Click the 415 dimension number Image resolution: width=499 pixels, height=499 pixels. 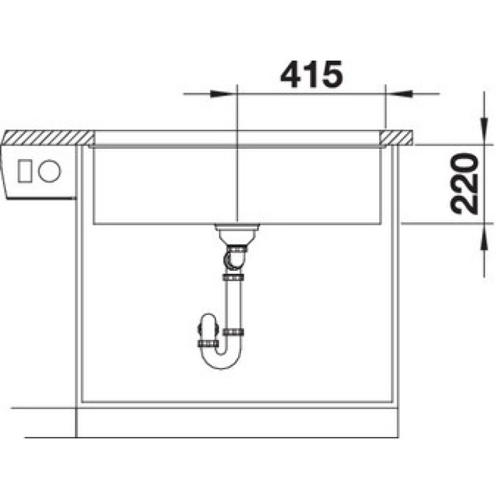point(312,74)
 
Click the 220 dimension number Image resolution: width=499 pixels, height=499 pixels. point(465,184)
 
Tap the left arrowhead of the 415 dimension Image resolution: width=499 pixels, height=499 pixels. point(222,94)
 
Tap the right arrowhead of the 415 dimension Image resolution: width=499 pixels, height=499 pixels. point(399,94)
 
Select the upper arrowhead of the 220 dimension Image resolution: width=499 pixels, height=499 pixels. point(484,131)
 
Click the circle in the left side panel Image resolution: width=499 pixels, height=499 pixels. point(49,171)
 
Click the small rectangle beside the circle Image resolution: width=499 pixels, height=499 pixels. point(24,171)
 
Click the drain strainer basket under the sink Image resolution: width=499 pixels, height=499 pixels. point(237,234)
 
